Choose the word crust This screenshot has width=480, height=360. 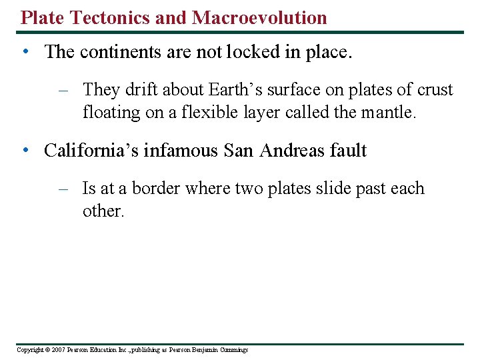point(436,90)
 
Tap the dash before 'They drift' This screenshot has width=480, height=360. point(64,90)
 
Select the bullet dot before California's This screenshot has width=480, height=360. point(25,151)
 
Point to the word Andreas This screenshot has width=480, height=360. point(291,151)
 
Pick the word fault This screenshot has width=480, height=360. point(348,151)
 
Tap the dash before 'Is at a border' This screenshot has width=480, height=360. point(64,189)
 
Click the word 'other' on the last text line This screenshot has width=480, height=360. point(101,211)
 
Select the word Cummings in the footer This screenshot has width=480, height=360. point(231,350)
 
